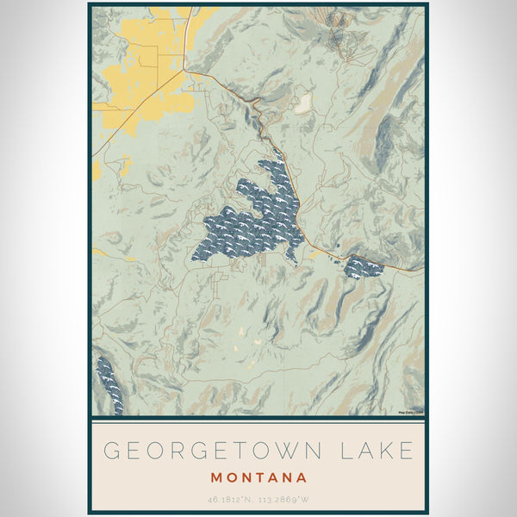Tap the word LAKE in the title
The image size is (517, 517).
pyautogui.click(x=377, y=451)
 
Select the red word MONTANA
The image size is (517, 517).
pyautogui.click(x=258, y=477)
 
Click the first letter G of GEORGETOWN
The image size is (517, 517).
pyautogui.click(x=111, y=451)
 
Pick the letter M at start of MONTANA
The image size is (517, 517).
pyautogui.click(x=215, y=477)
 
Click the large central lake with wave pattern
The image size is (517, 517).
pyautogui.click(x=250, y=220)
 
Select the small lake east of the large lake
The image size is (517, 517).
pyautogui.click(x=363, y=268)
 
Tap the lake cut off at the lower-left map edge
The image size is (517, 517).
pyautogui.click(x=109, y=384)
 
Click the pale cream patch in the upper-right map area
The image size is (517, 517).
pyautogui.click(x=302, y=105)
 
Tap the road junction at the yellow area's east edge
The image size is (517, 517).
pyautogui.click(x=184, y=72)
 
